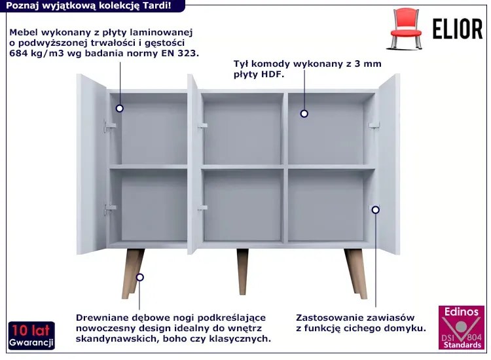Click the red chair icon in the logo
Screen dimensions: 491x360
[x=405, y=29]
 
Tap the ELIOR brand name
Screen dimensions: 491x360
[x=458, y=29]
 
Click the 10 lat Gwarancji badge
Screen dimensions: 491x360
[x=31, y=335]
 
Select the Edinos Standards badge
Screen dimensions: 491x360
[x=462, y=327]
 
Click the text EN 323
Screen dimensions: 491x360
[x=180, y=53]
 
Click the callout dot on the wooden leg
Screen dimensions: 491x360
[x=140, y=277]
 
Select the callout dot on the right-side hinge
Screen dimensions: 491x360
[x=376, y=209]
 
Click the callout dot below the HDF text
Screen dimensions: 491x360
[x=304, y=114]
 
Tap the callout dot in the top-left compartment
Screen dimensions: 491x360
[x=119, y=108]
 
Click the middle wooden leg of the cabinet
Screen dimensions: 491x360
[x=242, y=272]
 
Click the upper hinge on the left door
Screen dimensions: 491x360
[x=109, y=126]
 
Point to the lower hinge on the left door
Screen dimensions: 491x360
[x=110, y=209]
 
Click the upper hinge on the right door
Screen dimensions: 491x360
[x=374, y=126]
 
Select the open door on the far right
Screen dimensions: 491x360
[x=389, y=164]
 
